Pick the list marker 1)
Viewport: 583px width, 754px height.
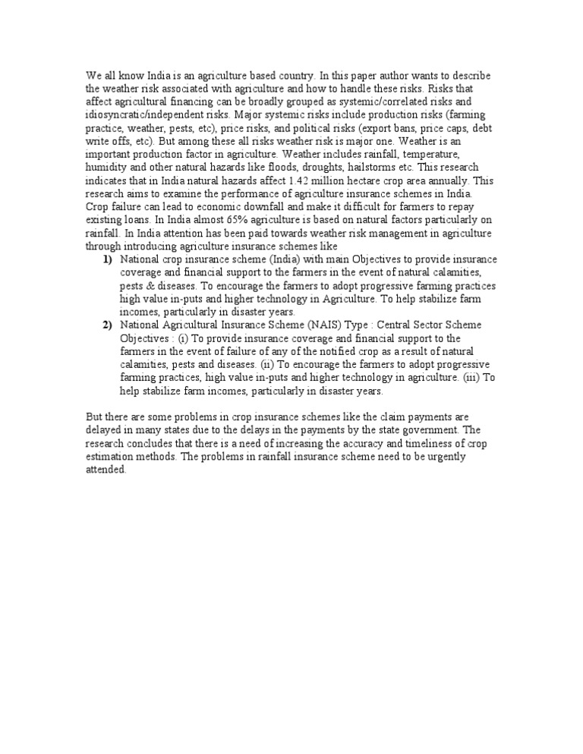point(108,259)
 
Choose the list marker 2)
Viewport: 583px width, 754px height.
point(108,325)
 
